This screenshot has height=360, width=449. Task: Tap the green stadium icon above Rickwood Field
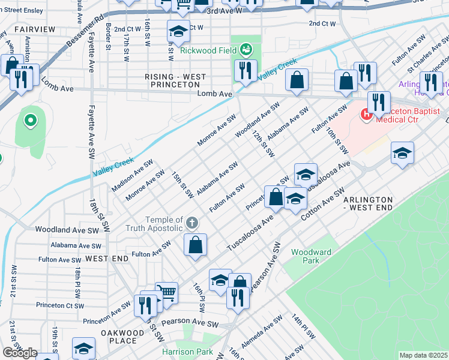pos(246,48)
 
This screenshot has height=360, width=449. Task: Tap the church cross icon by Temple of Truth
pos(191,223)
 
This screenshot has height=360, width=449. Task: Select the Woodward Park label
pos(311,256)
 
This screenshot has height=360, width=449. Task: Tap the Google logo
pos(20,353)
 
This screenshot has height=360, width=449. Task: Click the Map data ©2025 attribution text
pos(423,355)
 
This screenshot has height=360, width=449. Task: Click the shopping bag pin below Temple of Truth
pos(195,245)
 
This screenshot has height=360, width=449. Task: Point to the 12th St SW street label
pos(263,143)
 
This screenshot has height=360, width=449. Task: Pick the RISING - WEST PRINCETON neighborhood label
pos(176,81)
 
